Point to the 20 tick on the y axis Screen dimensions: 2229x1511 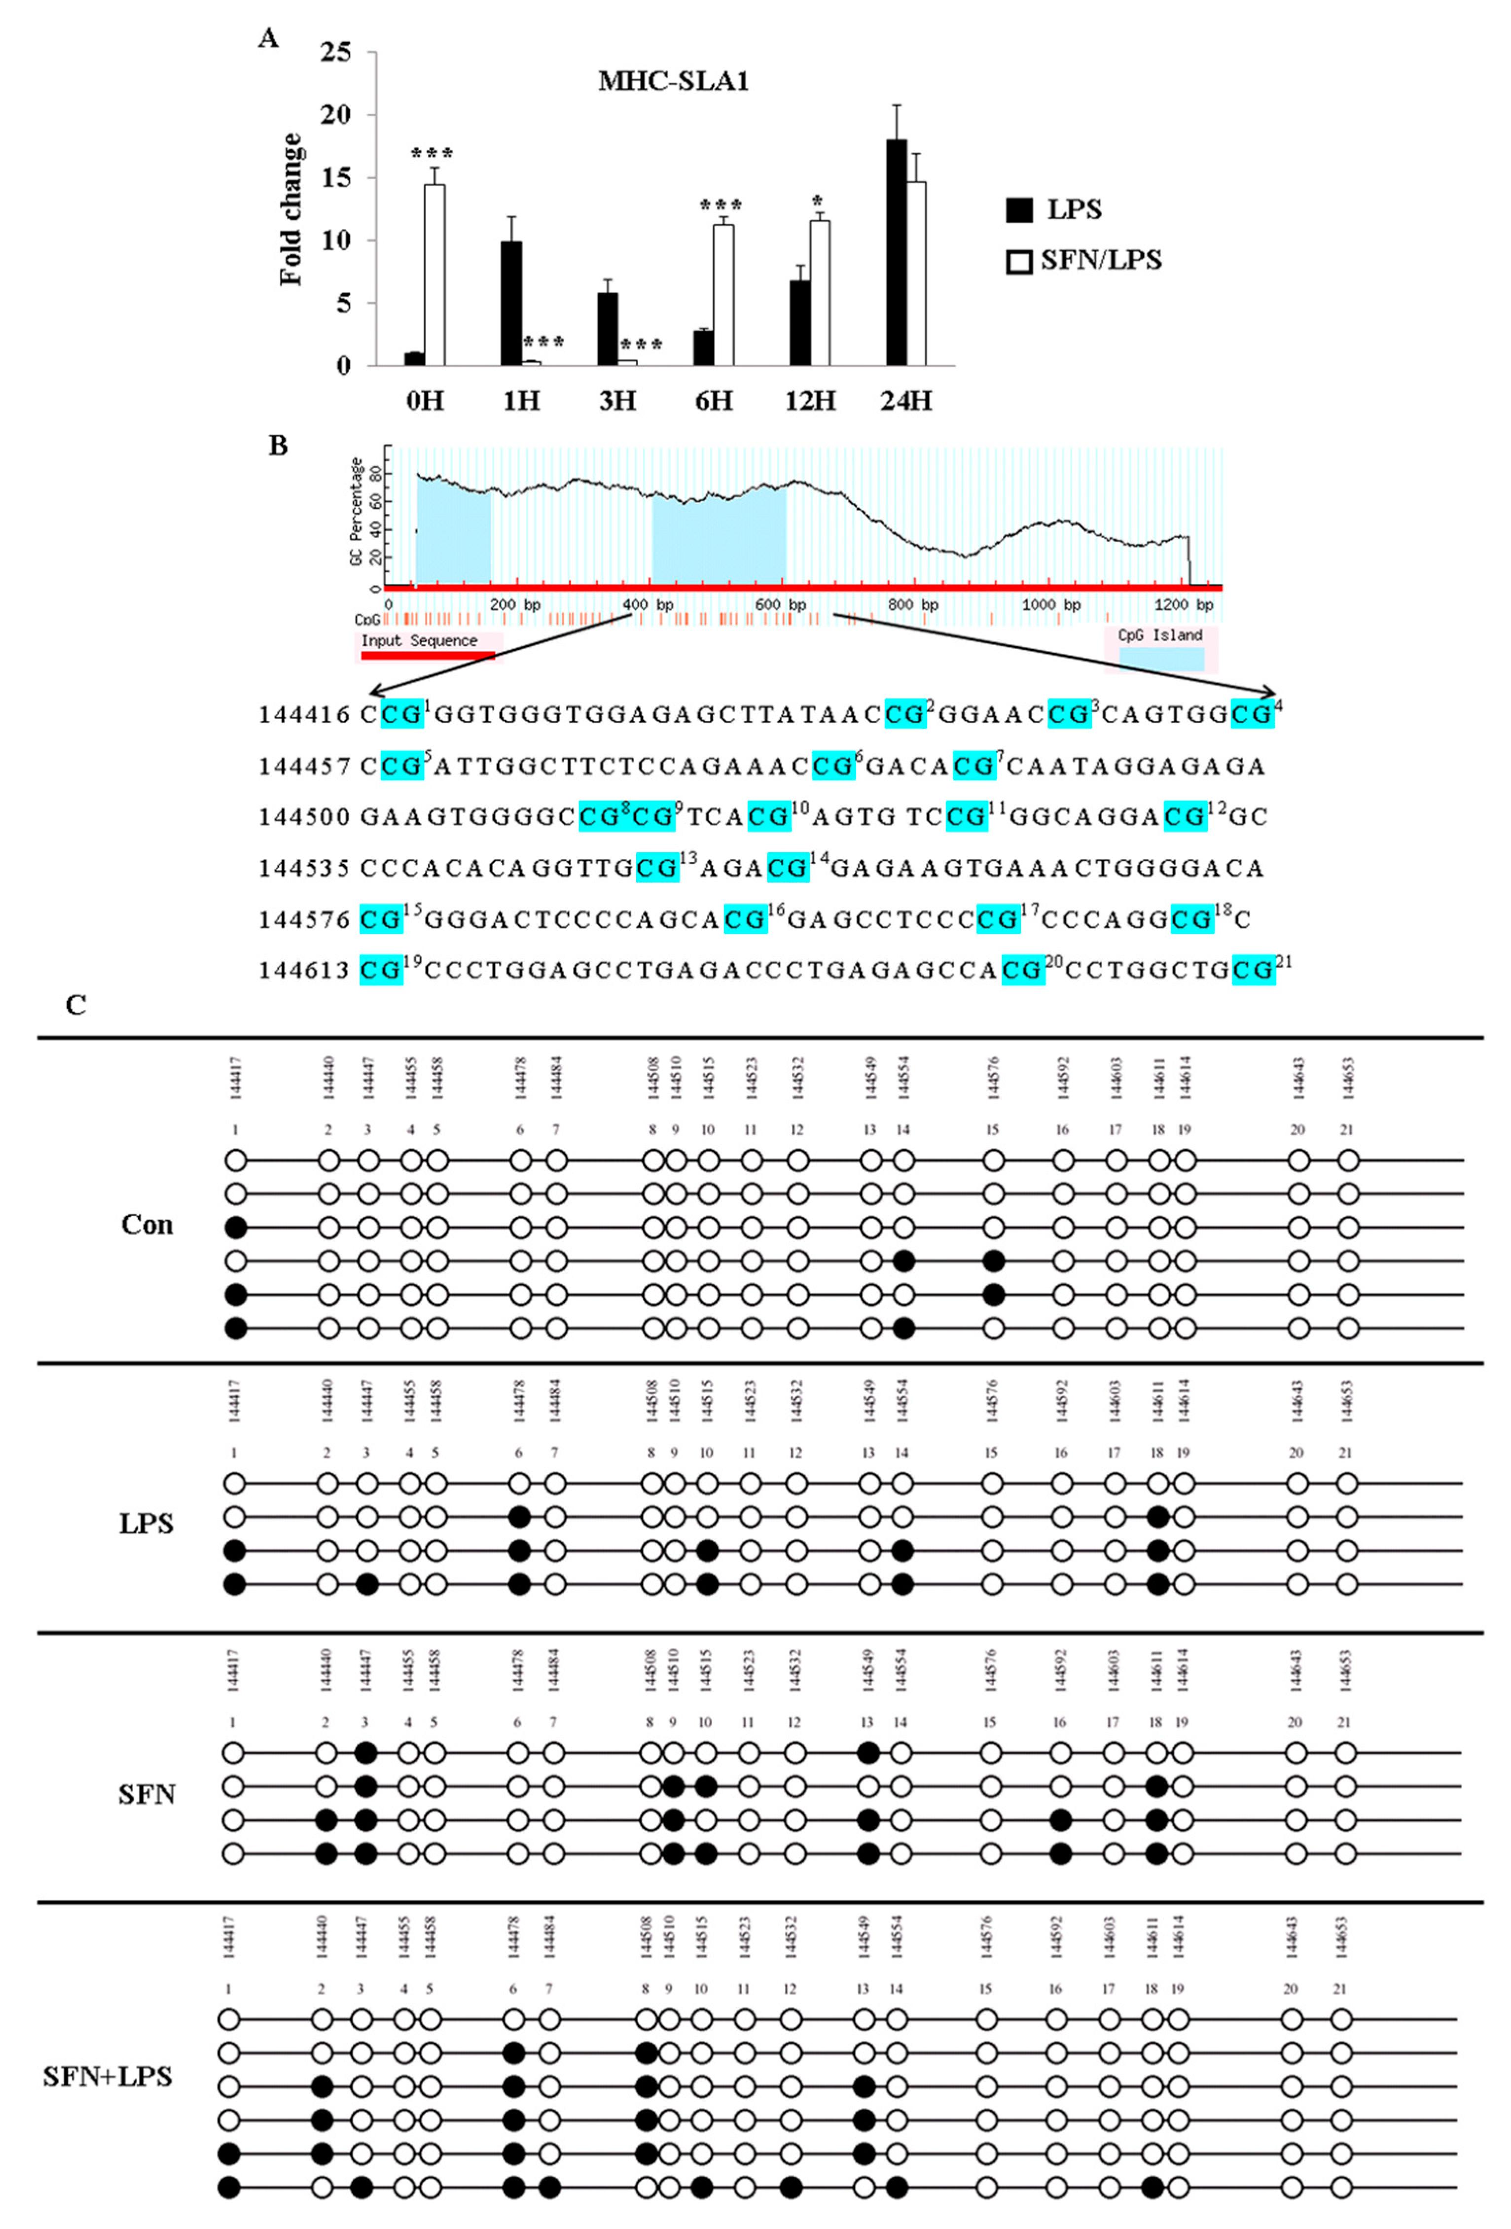coord(336,115)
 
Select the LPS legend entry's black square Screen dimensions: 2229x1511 coord(1019,210)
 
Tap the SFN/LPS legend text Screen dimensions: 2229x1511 coord(1101,260)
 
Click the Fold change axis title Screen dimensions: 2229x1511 coord(290,209)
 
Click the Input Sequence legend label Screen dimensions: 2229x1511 coord(419,641)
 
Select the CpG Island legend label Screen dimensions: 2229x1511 coord(1160,635)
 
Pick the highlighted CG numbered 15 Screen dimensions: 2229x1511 coord(381,920)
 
